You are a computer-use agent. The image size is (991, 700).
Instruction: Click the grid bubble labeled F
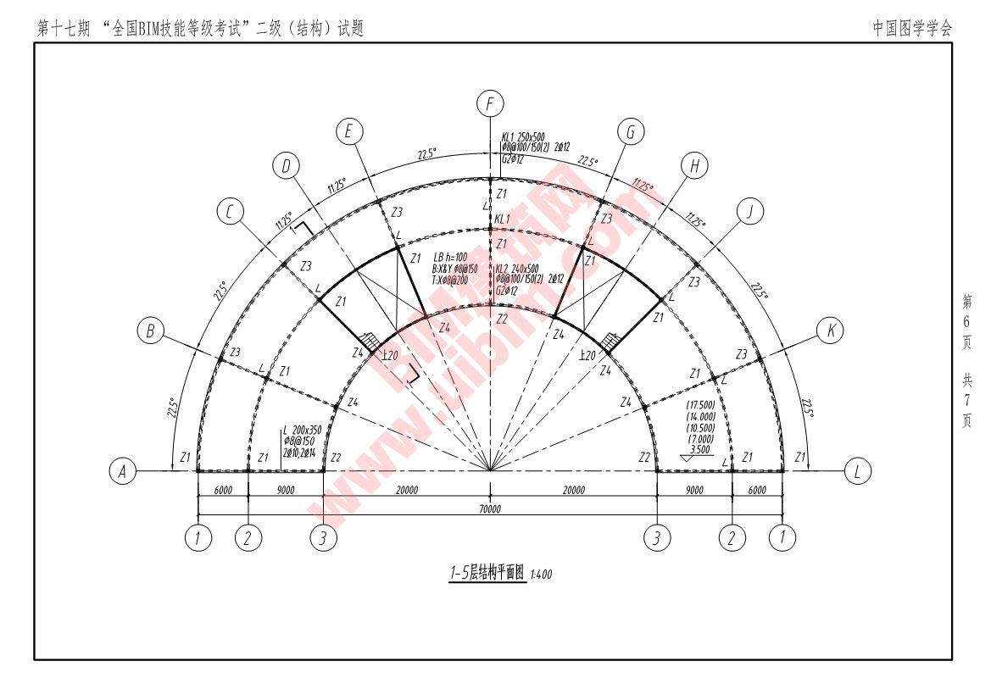click(490, 104)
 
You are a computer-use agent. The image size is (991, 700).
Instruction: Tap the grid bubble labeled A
click(124, 471)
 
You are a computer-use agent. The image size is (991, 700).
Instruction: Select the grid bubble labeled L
click(858, 471)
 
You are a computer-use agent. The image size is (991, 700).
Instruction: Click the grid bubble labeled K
click(831, 331)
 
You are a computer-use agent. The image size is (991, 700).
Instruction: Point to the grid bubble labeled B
click(151, 331)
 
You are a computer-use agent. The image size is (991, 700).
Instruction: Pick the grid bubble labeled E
click(348, 131)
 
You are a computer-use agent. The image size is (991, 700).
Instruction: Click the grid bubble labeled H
click(695, 166)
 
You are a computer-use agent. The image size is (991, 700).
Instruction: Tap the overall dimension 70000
click(490, 509)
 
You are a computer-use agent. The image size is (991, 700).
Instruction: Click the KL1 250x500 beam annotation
click(524, 136)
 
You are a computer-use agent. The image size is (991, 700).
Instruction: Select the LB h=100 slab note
click(450, 257)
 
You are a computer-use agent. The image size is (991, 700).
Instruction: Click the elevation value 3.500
click(700, 450)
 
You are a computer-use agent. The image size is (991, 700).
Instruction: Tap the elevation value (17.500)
click(700, 406)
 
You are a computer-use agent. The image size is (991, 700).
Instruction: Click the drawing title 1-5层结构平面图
click(487, 573)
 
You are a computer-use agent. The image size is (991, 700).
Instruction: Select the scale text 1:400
click(541, 575)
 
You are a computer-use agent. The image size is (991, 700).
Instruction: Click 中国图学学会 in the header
click(912, 28)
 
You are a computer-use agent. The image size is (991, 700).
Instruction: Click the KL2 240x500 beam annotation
click(517, 268)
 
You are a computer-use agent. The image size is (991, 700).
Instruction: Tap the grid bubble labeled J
click(749, 211)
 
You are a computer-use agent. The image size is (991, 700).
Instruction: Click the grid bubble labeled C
click(230, 211)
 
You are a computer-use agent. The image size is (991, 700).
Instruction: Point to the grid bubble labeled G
click(631, 131)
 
